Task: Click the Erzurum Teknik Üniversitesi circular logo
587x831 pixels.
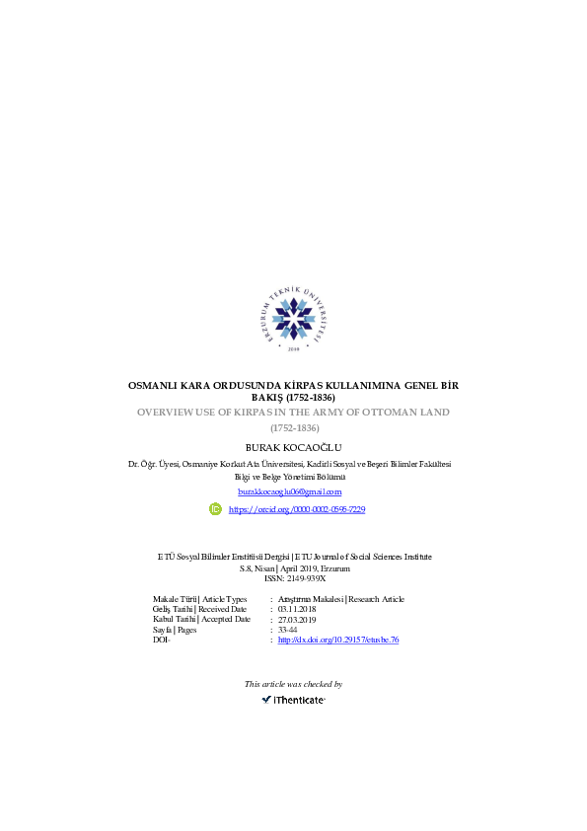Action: click(294, 319)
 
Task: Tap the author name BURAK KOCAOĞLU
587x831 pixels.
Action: click(294, 447)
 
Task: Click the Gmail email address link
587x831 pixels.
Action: click(290, 491)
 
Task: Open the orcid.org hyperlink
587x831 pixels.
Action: click(297, 509)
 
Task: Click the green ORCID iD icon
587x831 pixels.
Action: click(215, 509)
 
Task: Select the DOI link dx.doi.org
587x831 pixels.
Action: click(338, 640)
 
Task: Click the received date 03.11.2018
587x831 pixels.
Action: click(297, 610)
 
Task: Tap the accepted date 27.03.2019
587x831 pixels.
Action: click(297, 620)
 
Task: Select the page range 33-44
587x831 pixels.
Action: click(288, 630)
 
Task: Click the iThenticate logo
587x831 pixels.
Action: click(294, 700)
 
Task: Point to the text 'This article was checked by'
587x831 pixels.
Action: click(294, 684)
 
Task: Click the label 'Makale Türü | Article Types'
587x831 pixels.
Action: click(199, 599)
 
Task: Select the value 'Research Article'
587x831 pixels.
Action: click(376, 599)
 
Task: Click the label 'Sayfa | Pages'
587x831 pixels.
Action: click(175, 630)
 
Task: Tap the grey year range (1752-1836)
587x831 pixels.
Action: click(295, 427)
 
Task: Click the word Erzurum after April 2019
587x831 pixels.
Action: click(335, 568)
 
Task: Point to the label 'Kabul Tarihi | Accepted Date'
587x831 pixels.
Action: click(201, 620)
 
